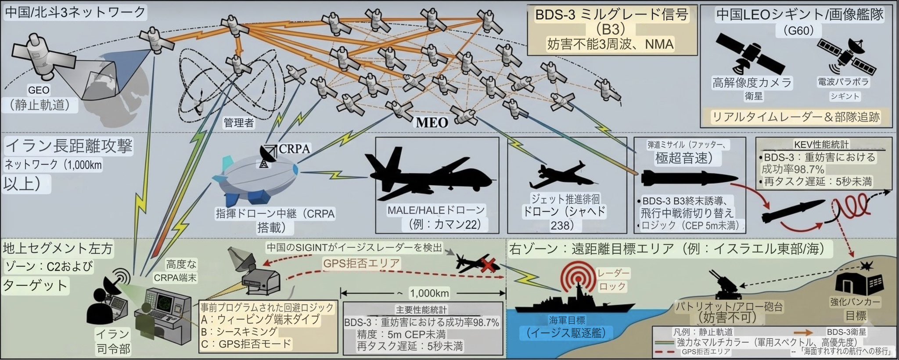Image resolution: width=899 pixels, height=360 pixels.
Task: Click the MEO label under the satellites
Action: point(432,122)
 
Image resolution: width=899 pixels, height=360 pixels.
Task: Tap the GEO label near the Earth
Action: point(39,90)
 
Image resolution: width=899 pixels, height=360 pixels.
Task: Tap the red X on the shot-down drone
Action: point(488,264)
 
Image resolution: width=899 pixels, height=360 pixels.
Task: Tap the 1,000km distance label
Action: point(429,293)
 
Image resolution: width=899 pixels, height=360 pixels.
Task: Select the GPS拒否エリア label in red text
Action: point(361,263)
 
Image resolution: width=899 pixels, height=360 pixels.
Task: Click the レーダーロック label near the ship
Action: point(613,280)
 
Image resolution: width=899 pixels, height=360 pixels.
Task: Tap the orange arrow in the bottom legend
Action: point(804,332)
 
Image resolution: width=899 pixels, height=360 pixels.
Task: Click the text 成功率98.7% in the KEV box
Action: point(793,169)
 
